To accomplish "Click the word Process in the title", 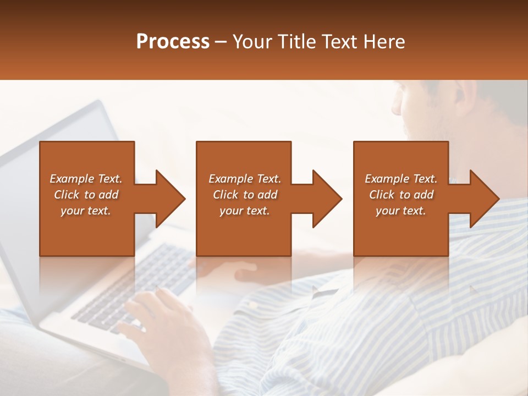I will [173, 42].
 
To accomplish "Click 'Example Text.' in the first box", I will [86, 179].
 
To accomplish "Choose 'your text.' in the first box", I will [86, 211].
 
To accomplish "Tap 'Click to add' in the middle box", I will [245, 195].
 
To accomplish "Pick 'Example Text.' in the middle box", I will [245, 179].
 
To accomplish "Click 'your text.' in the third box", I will [401, 211].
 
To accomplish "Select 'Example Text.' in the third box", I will [401, 179].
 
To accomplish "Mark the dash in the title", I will [221, 42].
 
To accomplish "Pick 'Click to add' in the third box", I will [401, 195].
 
